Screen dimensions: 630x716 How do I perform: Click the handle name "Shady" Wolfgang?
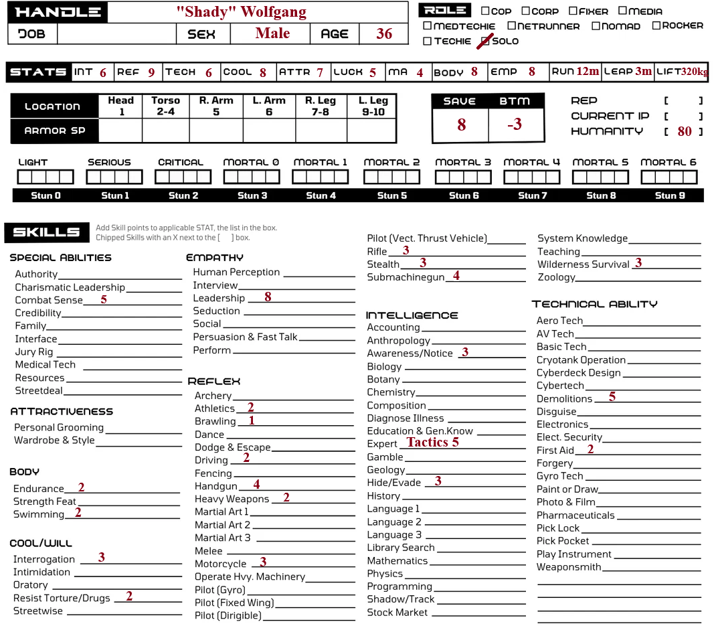(241, 12)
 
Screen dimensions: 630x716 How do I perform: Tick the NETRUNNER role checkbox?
(512, 26)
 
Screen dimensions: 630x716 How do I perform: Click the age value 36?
(384, 33)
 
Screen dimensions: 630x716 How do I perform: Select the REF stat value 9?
(151, 72)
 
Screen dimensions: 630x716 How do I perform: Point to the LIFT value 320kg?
(695, 72)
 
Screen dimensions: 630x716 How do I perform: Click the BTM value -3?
(514, 125)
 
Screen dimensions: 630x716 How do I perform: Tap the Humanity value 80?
(684, 132)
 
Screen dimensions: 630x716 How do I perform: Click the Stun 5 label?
(391, 195)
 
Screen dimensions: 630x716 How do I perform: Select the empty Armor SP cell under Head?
(121, 131)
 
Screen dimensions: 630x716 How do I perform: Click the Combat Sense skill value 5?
(104, 299)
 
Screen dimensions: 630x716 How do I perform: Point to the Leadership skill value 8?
(268, 297)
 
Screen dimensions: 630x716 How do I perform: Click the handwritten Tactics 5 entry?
(433, 442)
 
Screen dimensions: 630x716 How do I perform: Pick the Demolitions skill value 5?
(612, 397)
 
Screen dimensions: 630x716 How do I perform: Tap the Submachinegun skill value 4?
(456, 275)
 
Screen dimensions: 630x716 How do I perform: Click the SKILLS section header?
(46, 232)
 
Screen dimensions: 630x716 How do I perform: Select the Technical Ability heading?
(594, 304)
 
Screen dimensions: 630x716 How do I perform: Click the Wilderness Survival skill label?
(583, 264)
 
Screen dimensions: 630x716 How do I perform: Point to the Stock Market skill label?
(397, 612)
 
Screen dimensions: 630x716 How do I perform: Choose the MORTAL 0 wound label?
(251, 162)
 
